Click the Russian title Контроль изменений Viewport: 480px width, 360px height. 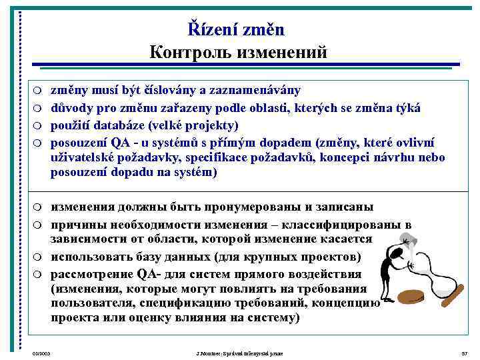pos(238,53)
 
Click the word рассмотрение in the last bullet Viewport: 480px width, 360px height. pos(92,274)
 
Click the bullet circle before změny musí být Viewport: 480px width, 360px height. pos(38,90)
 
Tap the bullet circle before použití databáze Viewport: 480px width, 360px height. pos(38,125)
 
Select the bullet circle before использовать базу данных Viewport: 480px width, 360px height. pos(38,257)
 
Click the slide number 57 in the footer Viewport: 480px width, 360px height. pos(463,352)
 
